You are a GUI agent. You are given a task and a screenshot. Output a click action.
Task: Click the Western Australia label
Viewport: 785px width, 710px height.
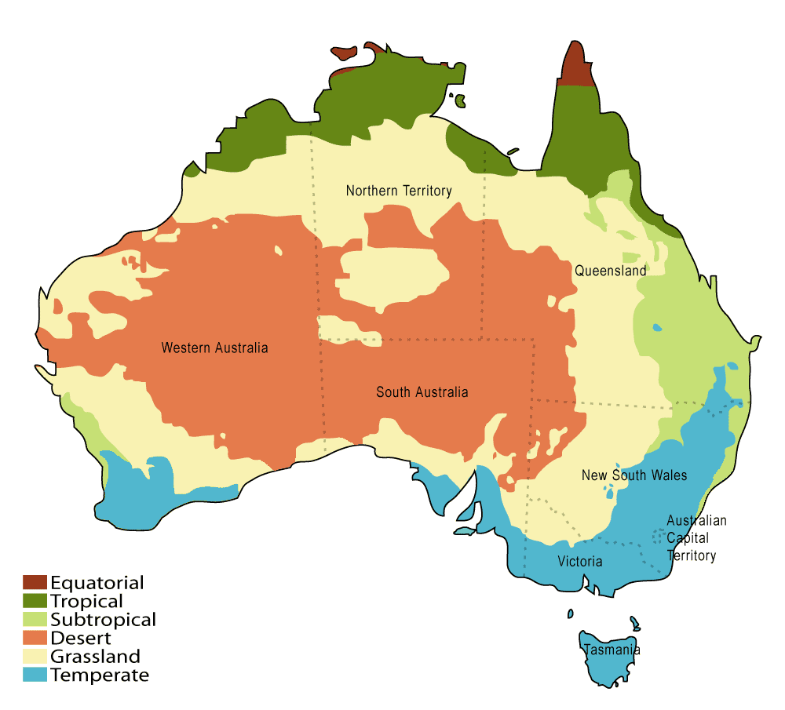tap(214, 348)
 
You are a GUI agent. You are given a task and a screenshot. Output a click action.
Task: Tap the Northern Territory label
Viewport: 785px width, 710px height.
tap(399, 191)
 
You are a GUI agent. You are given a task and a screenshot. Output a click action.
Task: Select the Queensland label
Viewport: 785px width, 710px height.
tap(610, 271)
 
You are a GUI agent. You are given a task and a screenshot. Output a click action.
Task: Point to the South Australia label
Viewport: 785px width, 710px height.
tap(422, 392)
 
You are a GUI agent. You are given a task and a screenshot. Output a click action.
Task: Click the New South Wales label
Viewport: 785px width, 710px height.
tap(633, 475)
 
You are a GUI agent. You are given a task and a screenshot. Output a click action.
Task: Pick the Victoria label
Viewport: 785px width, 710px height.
tap(580, 561)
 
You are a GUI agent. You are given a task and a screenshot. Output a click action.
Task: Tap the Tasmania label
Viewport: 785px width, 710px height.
tap(611, 650)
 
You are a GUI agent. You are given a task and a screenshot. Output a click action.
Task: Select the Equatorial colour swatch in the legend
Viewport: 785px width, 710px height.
tap(35, 583)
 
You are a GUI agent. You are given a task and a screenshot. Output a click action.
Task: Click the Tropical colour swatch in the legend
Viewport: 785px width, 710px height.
tap(35, 601)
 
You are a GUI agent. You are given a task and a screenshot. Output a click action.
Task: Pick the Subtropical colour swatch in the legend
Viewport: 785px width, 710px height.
tap(35, 620)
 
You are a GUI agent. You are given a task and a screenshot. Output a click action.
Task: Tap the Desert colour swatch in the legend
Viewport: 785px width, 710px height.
tap(35, 638)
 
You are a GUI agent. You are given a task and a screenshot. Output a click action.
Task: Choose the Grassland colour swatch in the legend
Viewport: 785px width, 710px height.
tap(35, 657)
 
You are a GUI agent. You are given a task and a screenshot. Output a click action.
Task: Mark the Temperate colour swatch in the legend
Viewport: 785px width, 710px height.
tap(35, 675)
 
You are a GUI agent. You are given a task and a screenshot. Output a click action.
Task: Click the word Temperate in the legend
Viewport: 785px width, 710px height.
tap(100, 675)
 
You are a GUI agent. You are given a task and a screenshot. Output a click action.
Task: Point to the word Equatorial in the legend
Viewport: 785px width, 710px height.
tap(97, 583)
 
